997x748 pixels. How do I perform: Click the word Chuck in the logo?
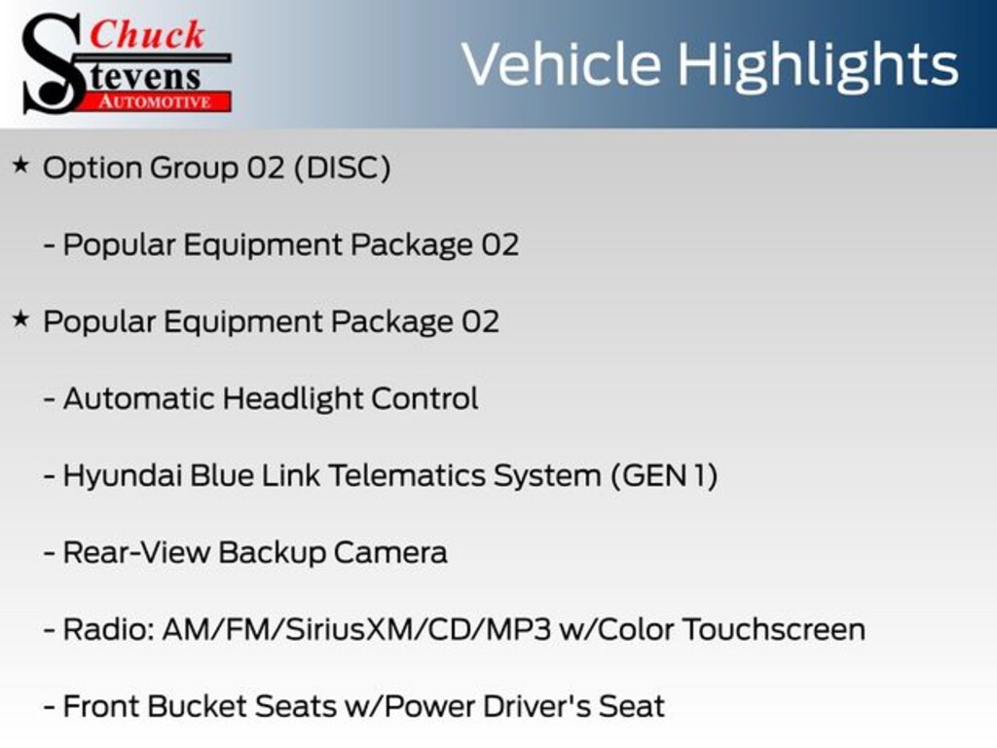[x=147, y=34]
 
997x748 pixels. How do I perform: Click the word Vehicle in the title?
[x=561, y=64]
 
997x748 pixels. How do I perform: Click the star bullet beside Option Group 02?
[x=20, y=166]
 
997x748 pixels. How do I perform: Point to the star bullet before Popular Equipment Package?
[x=20, y=318]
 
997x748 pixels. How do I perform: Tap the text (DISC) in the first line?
[x=342, y=168]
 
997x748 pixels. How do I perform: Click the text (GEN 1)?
[x=664, y=475]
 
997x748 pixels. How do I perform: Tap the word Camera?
[x=390, y=553]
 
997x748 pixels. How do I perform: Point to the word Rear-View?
[x=136, y=553]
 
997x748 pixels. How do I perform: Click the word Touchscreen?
[x=774, y=630]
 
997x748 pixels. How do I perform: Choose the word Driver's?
[x=537, y=707]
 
